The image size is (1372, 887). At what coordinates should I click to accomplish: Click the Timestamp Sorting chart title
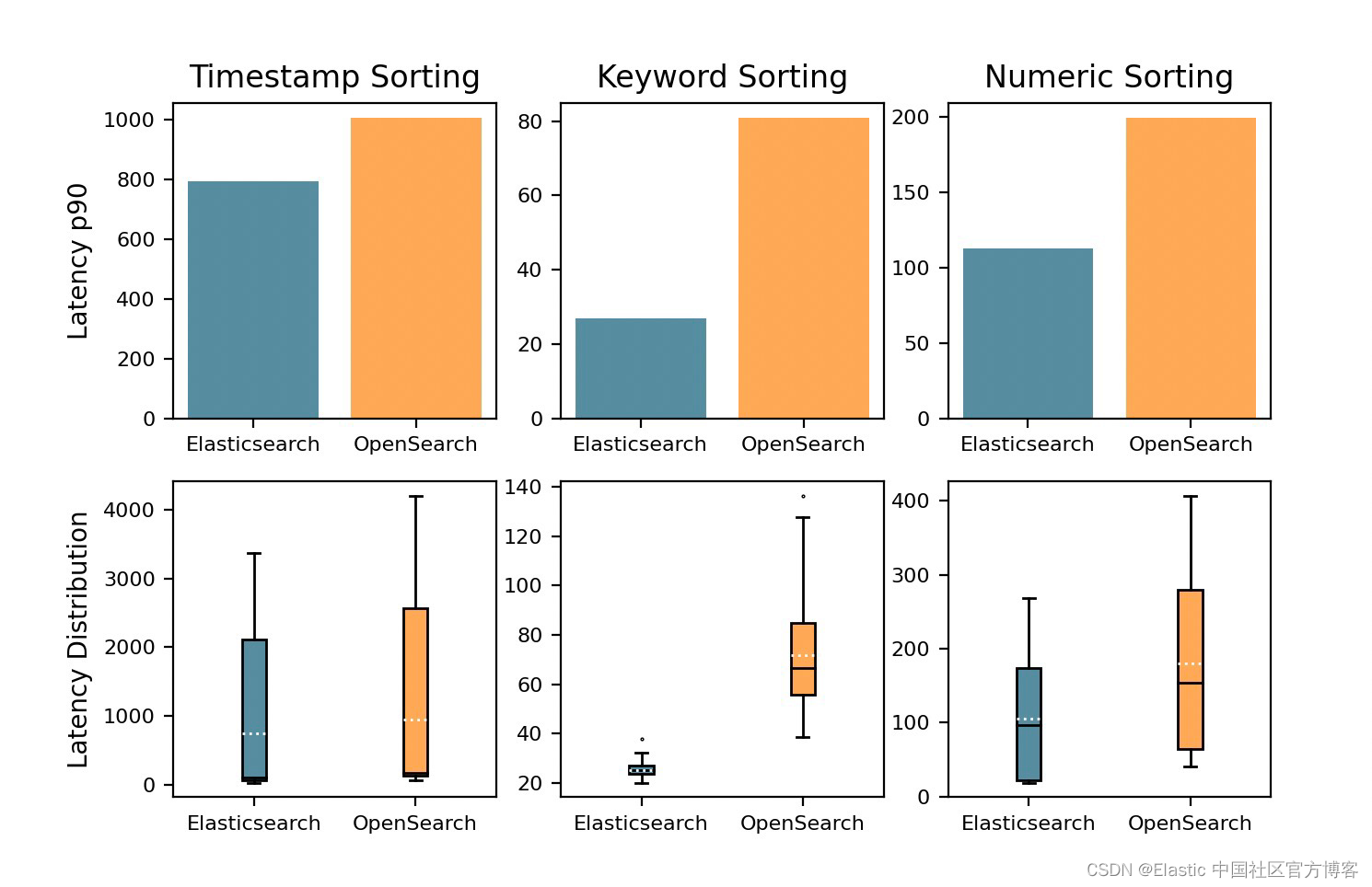point(334,77)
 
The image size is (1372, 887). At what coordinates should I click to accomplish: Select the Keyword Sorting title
point(722,77)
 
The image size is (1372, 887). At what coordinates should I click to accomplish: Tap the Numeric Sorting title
point(1109,77)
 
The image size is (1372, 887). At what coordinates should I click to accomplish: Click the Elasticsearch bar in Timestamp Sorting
point(253,300)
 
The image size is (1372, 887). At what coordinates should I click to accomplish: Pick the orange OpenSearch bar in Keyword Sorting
point(803,268)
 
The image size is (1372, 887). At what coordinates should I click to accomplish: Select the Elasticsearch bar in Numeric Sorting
point(1028,333)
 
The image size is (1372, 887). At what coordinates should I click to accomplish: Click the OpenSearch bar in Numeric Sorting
point(1191,268)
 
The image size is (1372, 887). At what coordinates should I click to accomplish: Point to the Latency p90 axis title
point(79,261)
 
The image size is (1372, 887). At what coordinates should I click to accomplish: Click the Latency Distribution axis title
point(79,639)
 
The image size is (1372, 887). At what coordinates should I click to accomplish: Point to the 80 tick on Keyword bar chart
point(529,121)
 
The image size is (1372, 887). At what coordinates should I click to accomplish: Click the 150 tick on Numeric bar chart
point(910,193)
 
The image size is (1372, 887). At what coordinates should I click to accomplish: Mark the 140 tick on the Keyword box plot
point(522,487)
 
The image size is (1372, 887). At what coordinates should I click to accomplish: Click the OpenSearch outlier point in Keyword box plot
point(803,497)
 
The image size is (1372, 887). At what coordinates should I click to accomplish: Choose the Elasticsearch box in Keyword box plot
point(642,770)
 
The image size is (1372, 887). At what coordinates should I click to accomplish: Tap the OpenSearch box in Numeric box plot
point(1191,670)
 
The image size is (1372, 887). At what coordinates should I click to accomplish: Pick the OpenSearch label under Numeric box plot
point(1190,824)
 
